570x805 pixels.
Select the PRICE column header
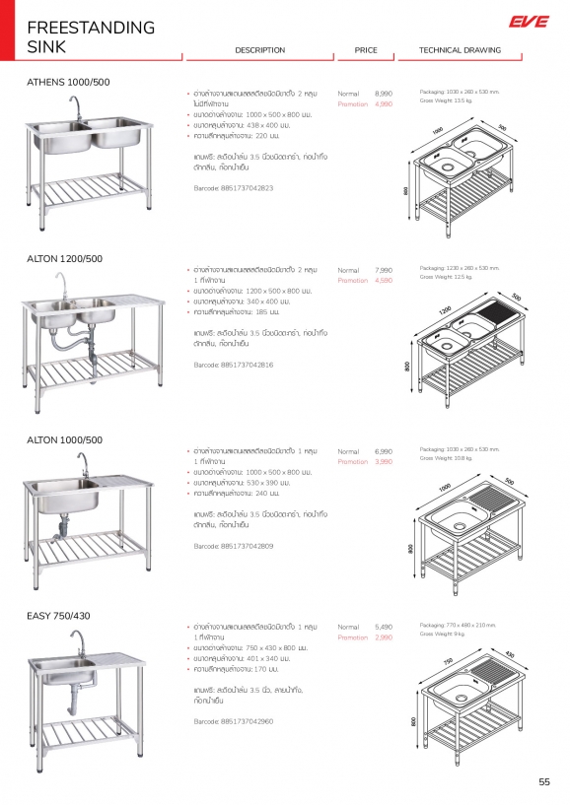pyautogui.click(x=366, y=50)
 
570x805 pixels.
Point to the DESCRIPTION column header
pyautogui.click(x=260, y=50)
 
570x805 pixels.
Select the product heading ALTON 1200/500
pyautogui.click(x=64, y=258)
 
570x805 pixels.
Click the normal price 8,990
pyautogui.click(x=384, y=92)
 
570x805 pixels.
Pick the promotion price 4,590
pyautogui.click(x=384, y=281)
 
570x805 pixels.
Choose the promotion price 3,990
pyautogui.click(x=384, y=461)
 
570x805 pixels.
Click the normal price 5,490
pyautogui.click(x=384, y=627)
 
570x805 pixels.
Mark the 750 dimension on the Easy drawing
pyautogui.click(x=448, y=661)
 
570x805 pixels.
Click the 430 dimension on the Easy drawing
pyautogui.click(x=510, y=654)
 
